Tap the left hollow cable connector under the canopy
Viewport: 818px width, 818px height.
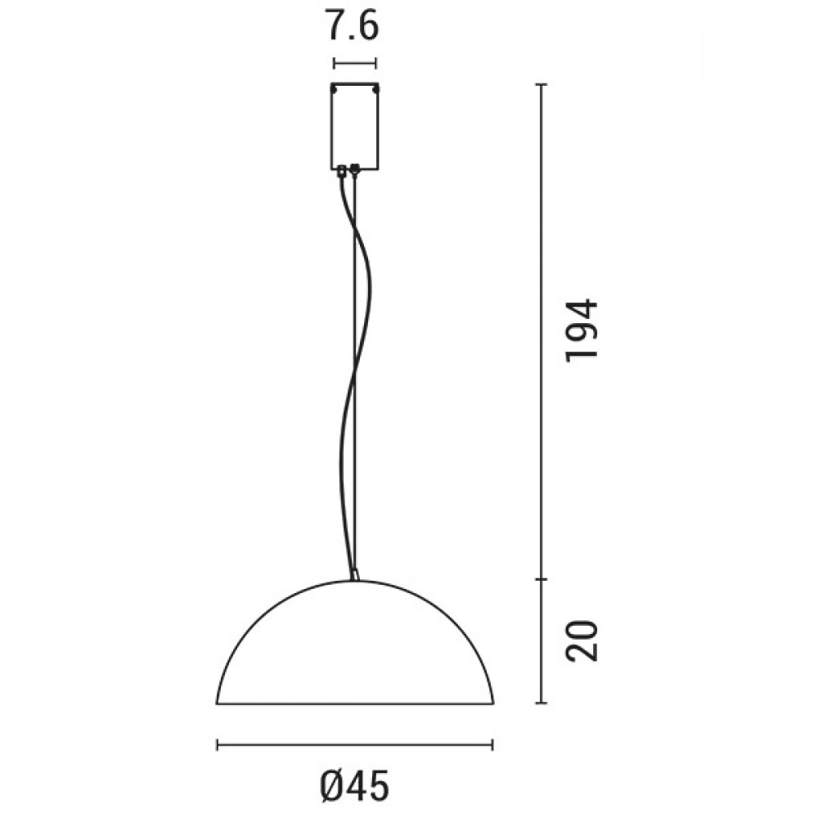pos(342,171)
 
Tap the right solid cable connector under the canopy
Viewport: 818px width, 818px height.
pos(355,171)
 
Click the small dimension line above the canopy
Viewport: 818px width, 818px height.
pos(355,62)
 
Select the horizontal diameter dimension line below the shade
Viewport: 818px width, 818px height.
pos(354,744)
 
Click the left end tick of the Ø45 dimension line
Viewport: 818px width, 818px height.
pos(217,744)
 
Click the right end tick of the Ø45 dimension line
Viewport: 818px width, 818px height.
pos(492,744)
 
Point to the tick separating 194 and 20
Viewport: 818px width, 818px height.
pos(541,579)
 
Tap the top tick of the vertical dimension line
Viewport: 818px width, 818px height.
pos(541,84)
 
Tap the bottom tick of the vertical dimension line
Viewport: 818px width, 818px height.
pos(541,703)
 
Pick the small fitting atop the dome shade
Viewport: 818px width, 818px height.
pos(355,575)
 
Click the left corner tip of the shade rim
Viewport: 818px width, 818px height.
pos(218,701)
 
